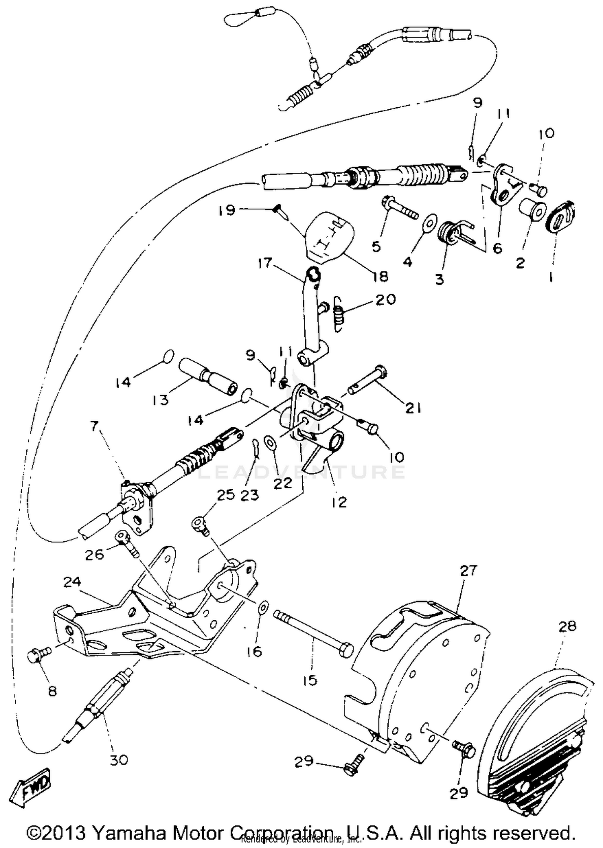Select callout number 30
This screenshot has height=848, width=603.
click(x=119, y=760)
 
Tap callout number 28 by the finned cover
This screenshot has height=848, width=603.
click(x=567, y=626)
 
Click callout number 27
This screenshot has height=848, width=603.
click(x=468, y=571)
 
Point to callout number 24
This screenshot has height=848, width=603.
click(x=72, y=582)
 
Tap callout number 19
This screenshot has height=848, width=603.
click(x=227, y=210)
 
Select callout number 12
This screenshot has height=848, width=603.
click(x=339, y=502)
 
